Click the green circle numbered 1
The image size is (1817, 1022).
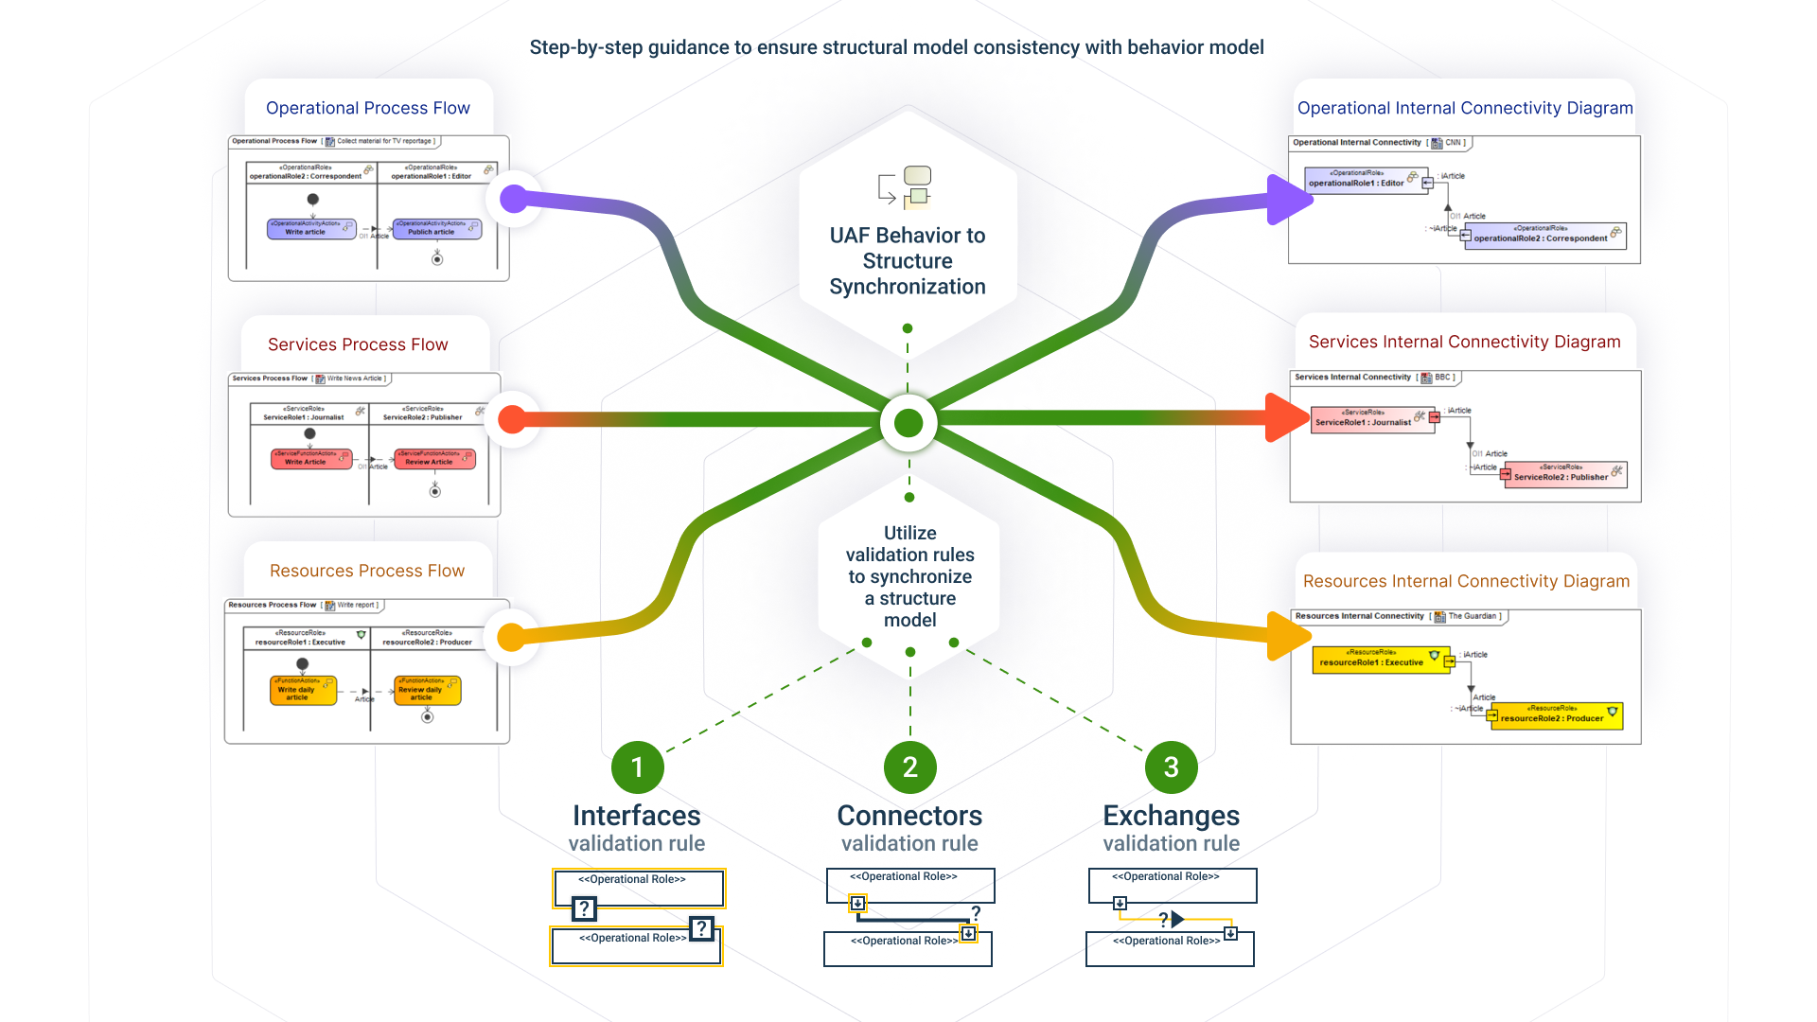[637, 766]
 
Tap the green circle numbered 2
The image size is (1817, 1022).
[909, 766]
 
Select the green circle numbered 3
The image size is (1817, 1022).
[1171, 766]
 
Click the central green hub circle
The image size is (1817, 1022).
[908, 423]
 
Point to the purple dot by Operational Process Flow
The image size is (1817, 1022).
[513, 199]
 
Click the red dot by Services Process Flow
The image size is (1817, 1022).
[512, 419]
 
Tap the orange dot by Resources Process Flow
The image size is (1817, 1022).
[511, 637]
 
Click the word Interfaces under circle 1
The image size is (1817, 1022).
[636, 815]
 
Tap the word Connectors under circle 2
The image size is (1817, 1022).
[909, 815]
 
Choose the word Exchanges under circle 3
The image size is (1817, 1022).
[1171, 815]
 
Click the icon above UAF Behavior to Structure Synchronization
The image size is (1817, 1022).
[907, 186]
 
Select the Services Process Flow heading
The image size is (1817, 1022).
[358, 344]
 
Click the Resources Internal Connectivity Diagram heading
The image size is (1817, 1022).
[1466, 581]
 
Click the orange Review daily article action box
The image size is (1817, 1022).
[428, 691]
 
